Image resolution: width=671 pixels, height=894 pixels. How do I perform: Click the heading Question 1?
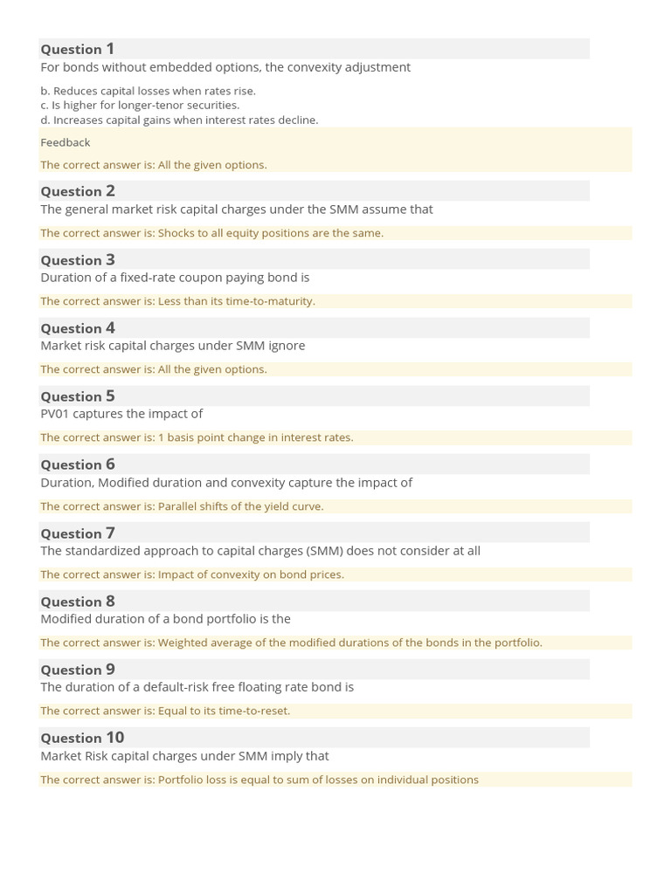(x=77, y=49)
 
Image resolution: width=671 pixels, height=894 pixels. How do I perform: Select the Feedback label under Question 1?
(x=65, y=142)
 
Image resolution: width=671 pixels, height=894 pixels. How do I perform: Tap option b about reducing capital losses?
(x=148, y=91)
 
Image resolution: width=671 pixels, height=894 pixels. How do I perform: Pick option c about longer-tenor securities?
(x=140, y=105)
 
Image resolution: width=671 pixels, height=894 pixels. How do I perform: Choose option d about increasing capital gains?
(x=179, y=120)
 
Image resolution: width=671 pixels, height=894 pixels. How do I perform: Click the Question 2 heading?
(x=77, y=191)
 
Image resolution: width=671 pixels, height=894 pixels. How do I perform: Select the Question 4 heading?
(x=77, y=328)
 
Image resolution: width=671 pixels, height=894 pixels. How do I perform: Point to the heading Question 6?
(x=77, y=464)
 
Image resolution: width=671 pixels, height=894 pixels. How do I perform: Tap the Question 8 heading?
(x=77, y=602)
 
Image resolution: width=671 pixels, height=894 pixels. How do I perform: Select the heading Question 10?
(x=82, y=738)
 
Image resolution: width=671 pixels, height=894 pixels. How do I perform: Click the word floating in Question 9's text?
(x=239, y=687)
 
